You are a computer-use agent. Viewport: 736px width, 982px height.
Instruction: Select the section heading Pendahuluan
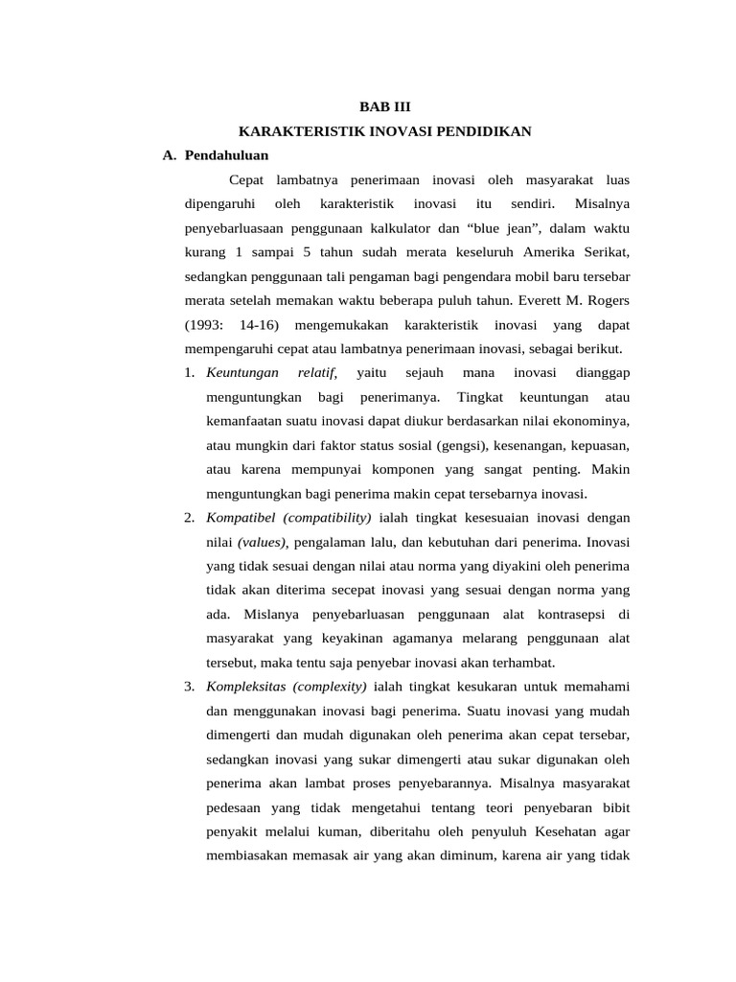(226, 154)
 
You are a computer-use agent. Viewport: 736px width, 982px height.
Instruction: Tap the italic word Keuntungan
(242, 372)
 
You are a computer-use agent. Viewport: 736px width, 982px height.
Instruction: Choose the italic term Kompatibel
(240, 518)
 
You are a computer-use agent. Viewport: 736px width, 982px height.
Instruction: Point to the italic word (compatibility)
(326, 518)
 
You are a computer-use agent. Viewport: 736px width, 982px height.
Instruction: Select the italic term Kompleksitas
(246, 687)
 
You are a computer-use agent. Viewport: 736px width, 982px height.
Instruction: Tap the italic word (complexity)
(332, 687)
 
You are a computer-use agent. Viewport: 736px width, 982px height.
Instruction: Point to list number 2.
(190, 518)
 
